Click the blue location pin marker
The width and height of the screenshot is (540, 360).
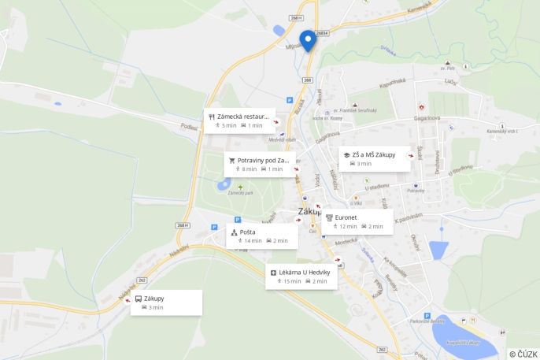[x=309, y=39]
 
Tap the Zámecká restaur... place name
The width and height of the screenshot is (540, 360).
[x=244, y=117]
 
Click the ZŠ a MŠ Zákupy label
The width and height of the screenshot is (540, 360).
[x=374, y=154]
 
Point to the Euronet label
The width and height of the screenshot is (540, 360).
[x=346, y=217]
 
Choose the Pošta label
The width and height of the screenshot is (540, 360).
[x=247, y=232]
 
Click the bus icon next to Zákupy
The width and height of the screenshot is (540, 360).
[x=139, y=299]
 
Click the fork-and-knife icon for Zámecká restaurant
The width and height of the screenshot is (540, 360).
[x=212, y=117]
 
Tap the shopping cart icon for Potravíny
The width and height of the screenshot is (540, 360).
[x=232, y=160]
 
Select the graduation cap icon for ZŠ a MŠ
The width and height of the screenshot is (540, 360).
[x=345, y=154]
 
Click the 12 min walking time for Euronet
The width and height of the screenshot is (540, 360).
[x=348, y=226]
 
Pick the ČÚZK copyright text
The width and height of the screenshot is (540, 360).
[x=523, y=354]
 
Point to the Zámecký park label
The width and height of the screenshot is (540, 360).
[x=240, y=193]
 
